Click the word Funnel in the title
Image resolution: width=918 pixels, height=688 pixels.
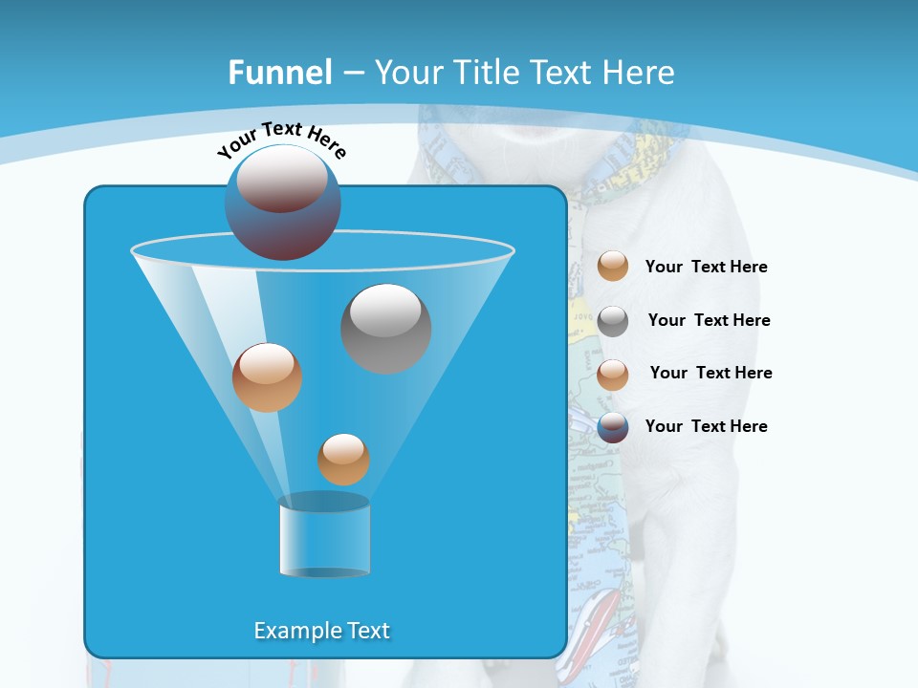(279, 73)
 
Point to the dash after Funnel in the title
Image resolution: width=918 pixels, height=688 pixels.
(352, 74)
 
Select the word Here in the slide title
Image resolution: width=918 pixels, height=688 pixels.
(639, 73)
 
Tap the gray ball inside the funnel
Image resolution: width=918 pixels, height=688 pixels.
(385, 328)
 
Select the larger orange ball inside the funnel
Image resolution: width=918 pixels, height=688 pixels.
(267, 377)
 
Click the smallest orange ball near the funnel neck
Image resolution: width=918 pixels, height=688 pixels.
(343, 460)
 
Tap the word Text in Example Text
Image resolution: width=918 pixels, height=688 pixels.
(367, 631)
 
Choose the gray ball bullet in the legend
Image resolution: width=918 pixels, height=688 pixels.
(613, 321)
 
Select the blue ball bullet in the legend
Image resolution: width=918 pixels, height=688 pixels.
(613, 427)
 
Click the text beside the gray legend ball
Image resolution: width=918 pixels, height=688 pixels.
(709, 320)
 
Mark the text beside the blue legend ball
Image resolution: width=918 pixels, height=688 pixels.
(706, 426)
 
